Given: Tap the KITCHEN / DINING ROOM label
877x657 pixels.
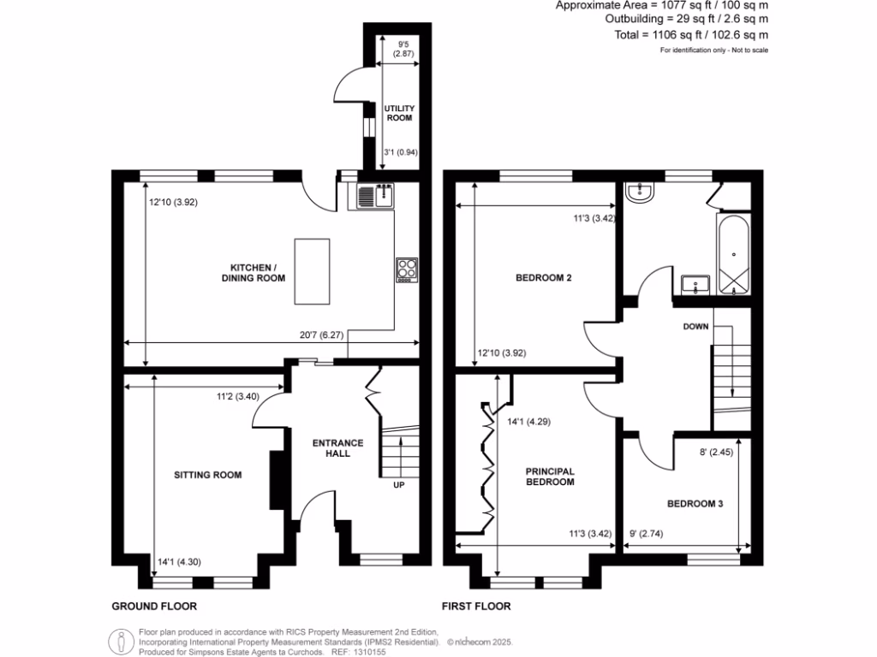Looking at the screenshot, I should pyautogui.click(x=254, y=272).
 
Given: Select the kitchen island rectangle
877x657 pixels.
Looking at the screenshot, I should pyautogui.click(x=312, y=271).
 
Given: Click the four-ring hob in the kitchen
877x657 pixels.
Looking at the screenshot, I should pyautogui.click(x=406, y=270).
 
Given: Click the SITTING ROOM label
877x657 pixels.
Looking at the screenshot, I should pyautogui.click(x=207, y=475).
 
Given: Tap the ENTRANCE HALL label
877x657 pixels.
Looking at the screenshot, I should pyautogui.click(x=337, y=448).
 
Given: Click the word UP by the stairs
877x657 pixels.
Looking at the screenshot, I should pyautogui.click(x=398, y=485).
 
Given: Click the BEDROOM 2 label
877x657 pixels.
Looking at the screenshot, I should pyautogui.click(x=543, y=278).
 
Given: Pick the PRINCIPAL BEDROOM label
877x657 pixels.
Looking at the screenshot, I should pyautogui.click(x=550, y=476).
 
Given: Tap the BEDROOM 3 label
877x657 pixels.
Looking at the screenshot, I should pyautogui.click(x=695, y=504).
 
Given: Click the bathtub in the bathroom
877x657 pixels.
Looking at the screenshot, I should pyautogui.click(x=734, y=255).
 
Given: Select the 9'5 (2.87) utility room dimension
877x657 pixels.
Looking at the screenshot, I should pyautogui.click(x=403, y=48).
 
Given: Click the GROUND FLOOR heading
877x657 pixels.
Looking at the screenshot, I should pyautogui.click(x=154, y=607).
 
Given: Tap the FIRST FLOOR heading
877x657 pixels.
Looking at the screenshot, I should pyautogui.click(x=476, y=607).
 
